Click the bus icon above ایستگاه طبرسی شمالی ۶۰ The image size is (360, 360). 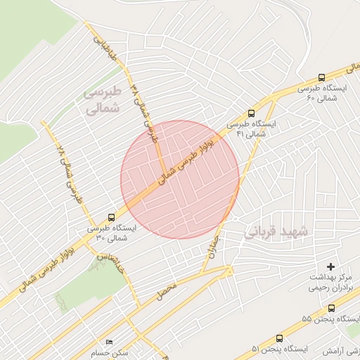(322, 78)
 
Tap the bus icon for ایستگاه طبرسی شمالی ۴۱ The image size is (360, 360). (252, 112)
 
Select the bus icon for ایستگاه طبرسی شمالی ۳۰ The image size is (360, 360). (112, 217)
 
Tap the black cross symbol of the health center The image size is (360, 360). (330, 266)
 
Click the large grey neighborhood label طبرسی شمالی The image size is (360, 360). (103, 100)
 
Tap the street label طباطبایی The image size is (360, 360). (103, 47)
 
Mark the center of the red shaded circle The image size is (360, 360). (180, 179)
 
